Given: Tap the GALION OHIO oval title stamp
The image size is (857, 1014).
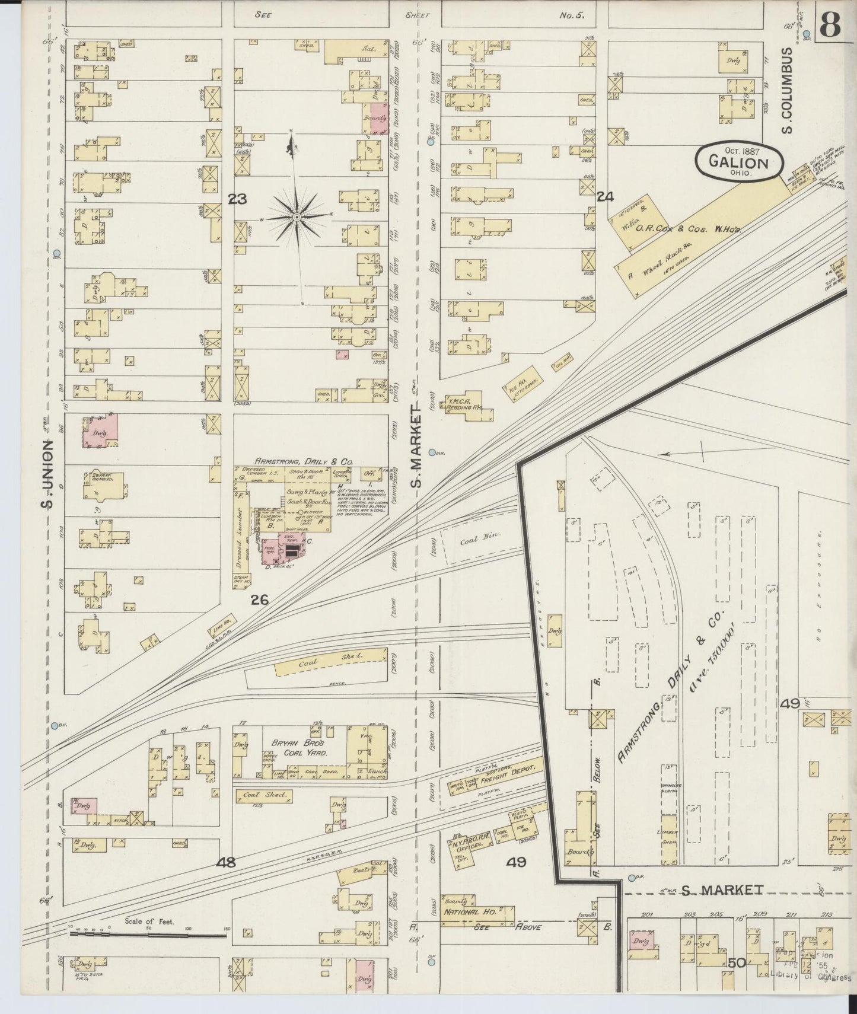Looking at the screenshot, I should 738,161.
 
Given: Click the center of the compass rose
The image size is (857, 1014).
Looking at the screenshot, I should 296,218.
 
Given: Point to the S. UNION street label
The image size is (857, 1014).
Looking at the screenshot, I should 47,474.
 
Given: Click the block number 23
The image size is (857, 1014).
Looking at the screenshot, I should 237,199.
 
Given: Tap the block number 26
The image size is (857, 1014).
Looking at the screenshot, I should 259,600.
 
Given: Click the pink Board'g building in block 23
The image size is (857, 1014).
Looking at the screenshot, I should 375,117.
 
